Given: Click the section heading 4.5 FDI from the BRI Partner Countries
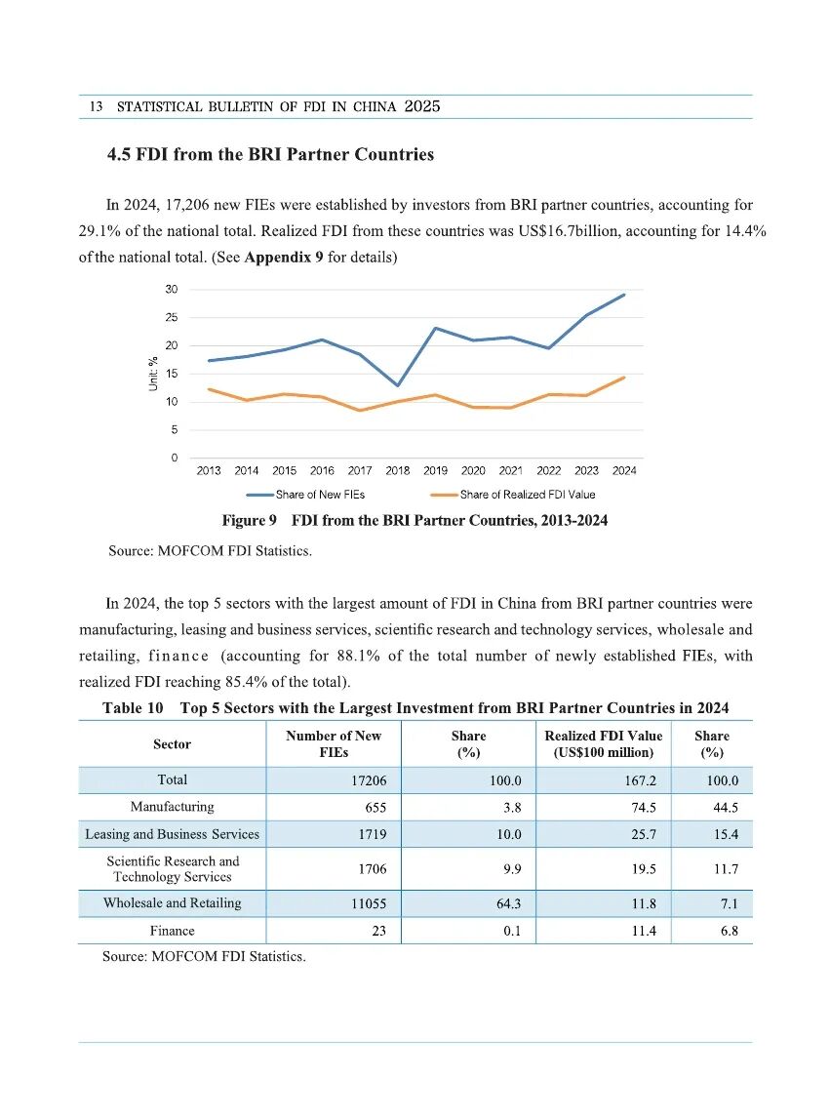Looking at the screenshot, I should click(x=270, y=155).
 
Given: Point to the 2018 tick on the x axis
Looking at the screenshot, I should click(x=397, y=471).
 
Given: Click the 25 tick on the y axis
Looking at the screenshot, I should click(x=171, y=318).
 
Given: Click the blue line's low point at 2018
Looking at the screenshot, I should click(x=397, y=385).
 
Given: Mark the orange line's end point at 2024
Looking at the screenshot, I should click(x=624, y=378).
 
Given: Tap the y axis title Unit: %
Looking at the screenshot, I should click(x=153, y=374).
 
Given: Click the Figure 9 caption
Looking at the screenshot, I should click(x=415, y=521).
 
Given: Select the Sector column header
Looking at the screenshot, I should click(x=172, y=744).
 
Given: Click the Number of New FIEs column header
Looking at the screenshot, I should click(x=333, y=744).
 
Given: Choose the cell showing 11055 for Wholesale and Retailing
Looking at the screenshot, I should click(x=368, y=904).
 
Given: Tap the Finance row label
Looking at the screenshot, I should click(x=172, y=932).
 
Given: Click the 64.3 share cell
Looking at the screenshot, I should click(x=505, y=904).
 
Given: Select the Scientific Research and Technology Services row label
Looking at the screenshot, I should click(x=172, y=869).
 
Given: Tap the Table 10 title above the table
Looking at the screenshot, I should click(x=415, y=708).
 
